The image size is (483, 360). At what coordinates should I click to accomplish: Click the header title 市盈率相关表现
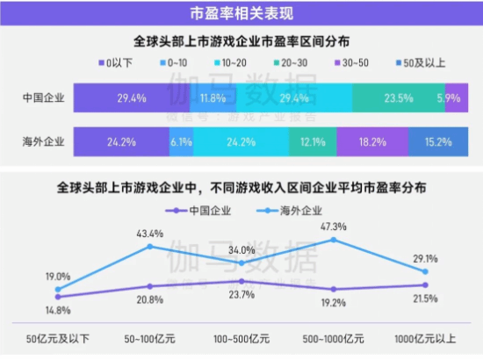coord(241,13)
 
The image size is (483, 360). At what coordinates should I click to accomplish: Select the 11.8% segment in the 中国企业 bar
coord(213,97)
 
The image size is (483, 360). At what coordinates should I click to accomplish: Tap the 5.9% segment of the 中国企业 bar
coord(452,97)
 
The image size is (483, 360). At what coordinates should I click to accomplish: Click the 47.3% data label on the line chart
coord(334,226)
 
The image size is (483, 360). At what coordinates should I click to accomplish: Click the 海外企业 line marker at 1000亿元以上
coord(425,272)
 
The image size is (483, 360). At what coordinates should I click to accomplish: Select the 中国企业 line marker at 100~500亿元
coord(241,281)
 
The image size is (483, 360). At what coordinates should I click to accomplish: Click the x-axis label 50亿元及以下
coord(58,337)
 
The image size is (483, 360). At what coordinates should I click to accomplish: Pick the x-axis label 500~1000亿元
coord(334,337)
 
